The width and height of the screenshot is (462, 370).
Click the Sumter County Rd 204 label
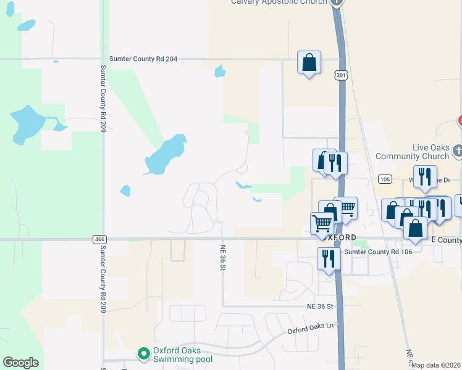coord(143,59)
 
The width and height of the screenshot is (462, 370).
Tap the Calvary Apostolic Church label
coord(279,2)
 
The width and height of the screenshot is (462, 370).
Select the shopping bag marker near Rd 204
coord(309,63)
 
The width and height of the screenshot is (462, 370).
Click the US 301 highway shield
coord(341,75)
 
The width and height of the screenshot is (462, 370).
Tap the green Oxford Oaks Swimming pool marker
coord(144,353)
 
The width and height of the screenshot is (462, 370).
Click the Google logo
coord(20,363)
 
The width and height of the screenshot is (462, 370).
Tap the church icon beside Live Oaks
coord(458,150)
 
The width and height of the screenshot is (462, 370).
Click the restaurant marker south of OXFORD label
coord(329,258)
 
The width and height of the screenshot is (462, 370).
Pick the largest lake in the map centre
coord(166,154)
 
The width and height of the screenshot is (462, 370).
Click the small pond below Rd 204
coord(219,72)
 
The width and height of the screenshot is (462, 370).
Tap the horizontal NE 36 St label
coord(319,306)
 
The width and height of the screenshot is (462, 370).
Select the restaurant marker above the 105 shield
coord(424,176)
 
